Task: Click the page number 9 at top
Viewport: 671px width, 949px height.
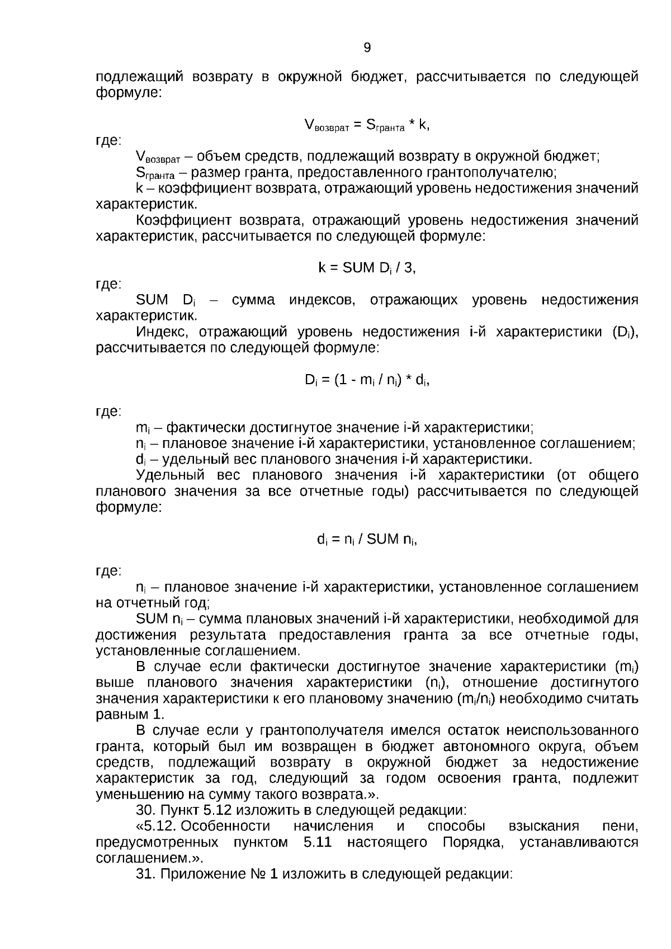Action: [x=367, y=48]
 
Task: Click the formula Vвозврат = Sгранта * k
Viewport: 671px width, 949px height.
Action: [x=367, y=125]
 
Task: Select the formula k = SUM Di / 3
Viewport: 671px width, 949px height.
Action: [x=367, y=268]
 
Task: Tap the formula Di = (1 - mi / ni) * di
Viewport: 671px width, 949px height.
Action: [x=367, y=380]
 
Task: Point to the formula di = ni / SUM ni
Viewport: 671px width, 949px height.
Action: [x=367, y=540]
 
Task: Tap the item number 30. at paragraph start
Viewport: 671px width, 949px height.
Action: [x=147, y=810]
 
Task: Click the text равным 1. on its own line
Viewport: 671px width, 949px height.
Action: [x=130, y=715]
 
